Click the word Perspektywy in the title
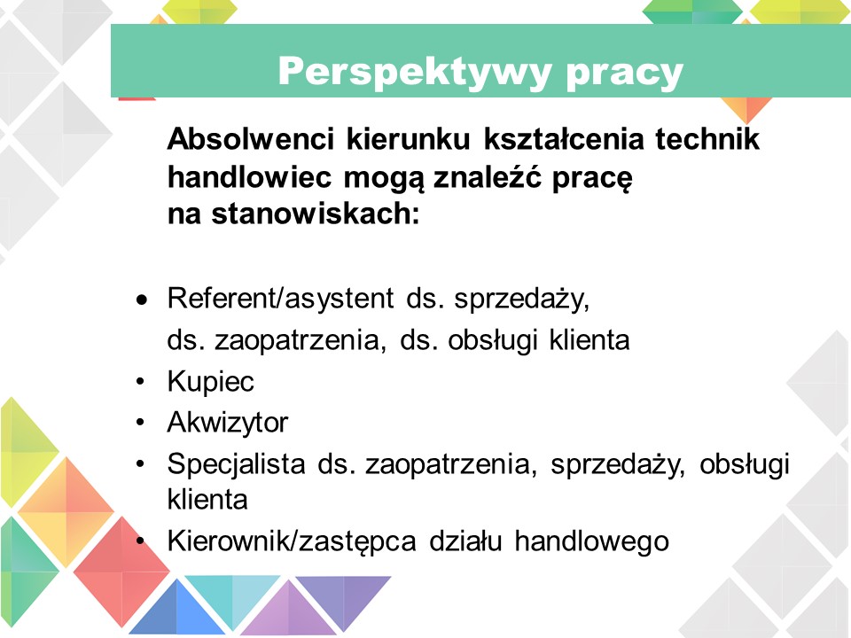tap(415, 72)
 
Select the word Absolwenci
tap(251, 138)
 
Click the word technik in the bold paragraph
tap(707, 138)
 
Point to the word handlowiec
tap(250, 176)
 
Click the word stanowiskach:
tap(316, 214)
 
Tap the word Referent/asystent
tap(281, 298)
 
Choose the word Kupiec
tap(211, 381)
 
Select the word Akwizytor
tap(228, 422)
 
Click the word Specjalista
tap(236, 463)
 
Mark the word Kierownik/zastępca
tap(292, 541)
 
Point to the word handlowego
tap(591, 541)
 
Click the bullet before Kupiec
tap(141, 382)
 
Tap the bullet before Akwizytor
tap(141, 423)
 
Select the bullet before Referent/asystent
tap(142, 300)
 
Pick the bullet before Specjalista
tap(141, 463)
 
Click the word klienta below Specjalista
tap(207, 499)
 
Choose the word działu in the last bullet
tap(465, 541)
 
